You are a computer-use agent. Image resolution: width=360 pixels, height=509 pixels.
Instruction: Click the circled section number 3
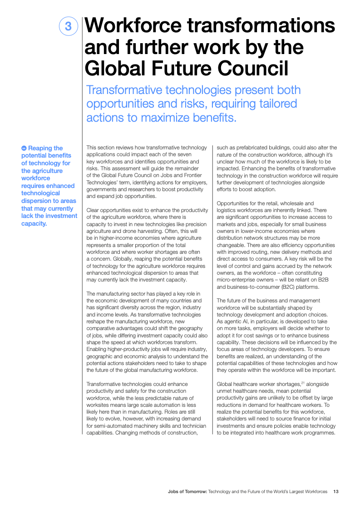(69, 26)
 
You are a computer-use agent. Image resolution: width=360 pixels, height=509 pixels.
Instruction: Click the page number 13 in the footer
(336, 492)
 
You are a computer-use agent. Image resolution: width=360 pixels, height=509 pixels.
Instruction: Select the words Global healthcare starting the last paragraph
(239, 384)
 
